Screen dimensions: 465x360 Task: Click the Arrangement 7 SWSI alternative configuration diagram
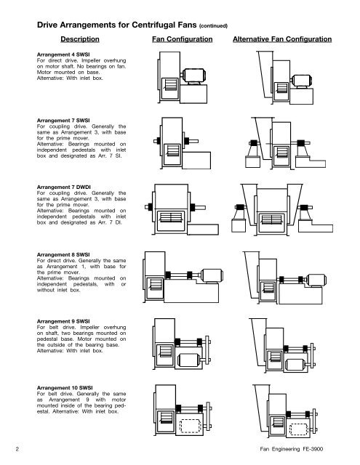(284, 146)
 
